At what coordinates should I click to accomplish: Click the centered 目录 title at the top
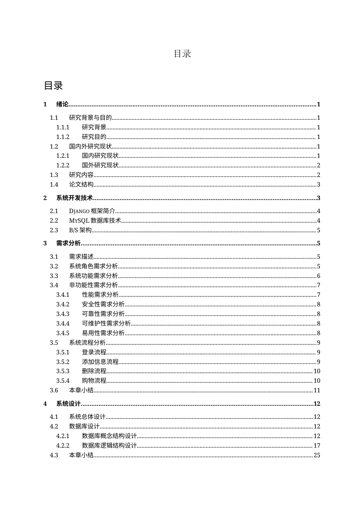182,54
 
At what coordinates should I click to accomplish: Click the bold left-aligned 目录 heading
53,86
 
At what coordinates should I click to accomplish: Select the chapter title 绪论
62,104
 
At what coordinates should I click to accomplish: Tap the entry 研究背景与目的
90,118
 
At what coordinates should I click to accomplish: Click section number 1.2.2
63,165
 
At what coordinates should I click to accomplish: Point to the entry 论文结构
81,185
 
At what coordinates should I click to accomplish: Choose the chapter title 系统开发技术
75,198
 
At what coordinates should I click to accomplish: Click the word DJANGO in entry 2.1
79,211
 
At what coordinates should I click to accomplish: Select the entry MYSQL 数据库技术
95,221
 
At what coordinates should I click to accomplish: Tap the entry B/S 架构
80,230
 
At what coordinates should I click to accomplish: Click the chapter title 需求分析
69,243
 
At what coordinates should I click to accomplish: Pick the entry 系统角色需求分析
93,266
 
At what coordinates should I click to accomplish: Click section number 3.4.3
63,314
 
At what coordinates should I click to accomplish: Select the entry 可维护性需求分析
106,324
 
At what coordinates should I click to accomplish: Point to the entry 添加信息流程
100,362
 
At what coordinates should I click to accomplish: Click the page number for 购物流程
317,381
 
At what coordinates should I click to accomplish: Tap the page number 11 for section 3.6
317,390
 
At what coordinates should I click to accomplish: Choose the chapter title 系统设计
69,404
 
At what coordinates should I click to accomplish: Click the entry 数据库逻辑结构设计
109,446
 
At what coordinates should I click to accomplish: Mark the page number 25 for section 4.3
317,455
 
